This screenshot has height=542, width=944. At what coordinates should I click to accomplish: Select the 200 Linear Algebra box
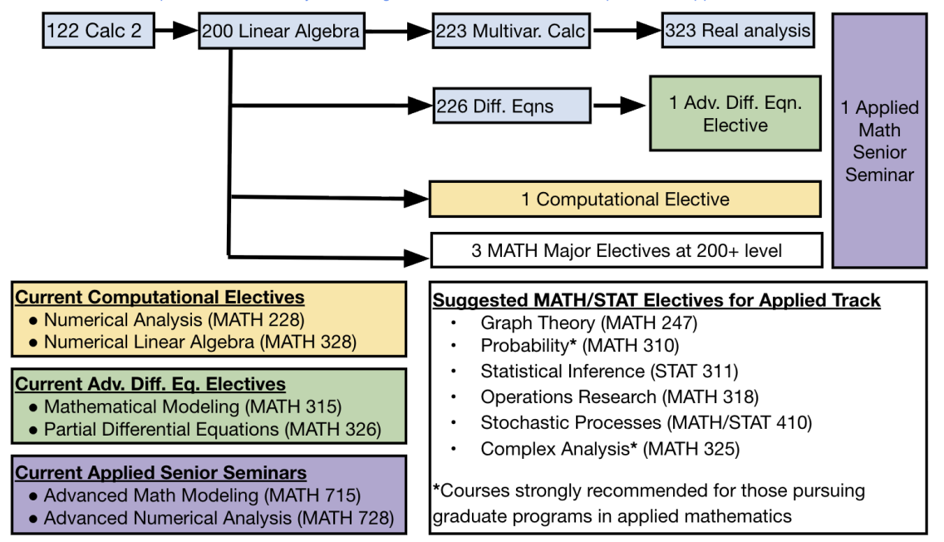tap(282, 32)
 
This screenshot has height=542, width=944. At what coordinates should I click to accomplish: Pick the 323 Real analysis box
tap(737, 32)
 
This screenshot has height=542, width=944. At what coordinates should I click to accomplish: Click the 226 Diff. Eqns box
tap(511, 106)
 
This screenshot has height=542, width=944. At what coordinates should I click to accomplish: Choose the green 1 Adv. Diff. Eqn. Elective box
tap(735, 114)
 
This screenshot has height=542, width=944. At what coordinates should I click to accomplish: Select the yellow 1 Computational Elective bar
tap(625, 200)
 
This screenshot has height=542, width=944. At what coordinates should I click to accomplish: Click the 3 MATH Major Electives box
tap(626, 249)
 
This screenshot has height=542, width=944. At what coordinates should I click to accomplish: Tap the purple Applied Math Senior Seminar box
tap(879, 140)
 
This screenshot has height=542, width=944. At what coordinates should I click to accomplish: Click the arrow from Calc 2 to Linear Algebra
tap(175, 32)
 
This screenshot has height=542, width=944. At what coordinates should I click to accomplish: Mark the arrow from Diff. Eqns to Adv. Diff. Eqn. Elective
tap(619, 106)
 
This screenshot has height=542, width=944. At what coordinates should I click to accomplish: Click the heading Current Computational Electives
tap(160, 298)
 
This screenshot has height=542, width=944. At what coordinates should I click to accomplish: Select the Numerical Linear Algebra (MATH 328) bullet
tap(200, 342)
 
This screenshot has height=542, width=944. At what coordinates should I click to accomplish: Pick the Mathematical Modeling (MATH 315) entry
tap(192, 407)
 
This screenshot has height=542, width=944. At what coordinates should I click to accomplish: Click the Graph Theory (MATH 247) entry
tap(588, 323)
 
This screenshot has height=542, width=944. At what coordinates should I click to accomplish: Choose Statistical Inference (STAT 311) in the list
tap(609, 372)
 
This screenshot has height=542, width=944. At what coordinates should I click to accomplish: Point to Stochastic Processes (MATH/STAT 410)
tap(646, 422)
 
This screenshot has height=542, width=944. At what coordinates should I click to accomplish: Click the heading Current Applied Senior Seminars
tap(161, 473)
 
